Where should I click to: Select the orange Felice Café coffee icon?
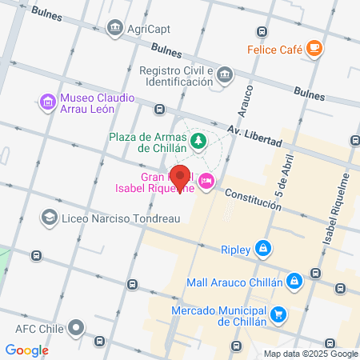click(x=314, y=49)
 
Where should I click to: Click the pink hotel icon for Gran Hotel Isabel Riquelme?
click(x=207, y=182)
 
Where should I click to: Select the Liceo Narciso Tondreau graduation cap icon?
click(x=49, y=218)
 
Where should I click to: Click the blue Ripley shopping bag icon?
click(x=262, y=249)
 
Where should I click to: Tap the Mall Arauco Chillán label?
click(x=234, y=282)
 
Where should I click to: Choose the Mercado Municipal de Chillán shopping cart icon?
click(x=278, y=314)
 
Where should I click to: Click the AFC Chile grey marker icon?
click(x=77, y=327)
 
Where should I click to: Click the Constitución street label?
click(x=252, y=200)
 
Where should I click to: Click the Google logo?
click(x=26, y=350)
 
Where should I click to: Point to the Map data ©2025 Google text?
click(x=311, y=354)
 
